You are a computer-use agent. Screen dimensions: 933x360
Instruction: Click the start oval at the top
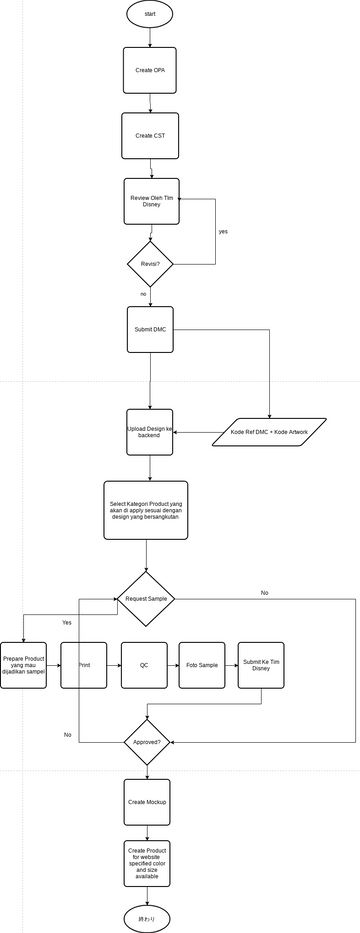coord(149,14)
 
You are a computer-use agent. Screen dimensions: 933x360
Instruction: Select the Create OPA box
coord(150,71)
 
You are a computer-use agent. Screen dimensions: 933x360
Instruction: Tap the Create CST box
coord(150,135)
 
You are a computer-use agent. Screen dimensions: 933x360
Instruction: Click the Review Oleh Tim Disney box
coord(150,202)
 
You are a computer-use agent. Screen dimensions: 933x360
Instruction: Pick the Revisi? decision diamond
coord(150,265)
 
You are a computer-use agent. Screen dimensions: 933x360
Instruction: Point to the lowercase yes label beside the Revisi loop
coord(223,231)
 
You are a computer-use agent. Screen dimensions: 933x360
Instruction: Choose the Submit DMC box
coord(150,329)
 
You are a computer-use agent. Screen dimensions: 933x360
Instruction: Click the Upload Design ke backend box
coord(150,432)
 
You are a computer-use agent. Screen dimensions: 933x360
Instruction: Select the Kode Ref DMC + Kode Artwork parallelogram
coord(270,432)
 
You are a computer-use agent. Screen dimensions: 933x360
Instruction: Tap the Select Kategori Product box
coord(145,510)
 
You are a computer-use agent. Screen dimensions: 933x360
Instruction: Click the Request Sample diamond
coord(147,598)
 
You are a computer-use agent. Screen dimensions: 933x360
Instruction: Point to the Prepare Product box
coord(24,665)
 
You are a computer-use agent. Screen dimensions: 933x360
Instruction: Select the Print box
coord(84,665)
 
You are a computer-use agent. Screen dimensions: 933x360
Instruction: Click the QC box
coord(144,665)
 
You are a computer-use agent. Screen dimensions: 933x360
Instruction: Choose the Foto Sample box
coord(202,665)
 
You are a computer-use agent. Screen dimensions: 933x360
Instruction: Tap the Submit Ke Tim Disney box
coord(261,665)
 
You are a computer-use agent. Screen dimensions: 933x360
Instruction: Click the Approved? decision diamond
coord(147,742)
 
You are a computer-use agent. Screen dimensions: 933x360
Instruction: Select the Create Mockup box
coord(148,802)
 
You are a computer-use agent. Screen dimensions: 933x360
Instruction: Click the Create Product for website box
coord(148,863)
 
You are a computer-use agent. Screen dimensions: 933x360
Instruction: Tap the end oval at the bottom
coord(147,917)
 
